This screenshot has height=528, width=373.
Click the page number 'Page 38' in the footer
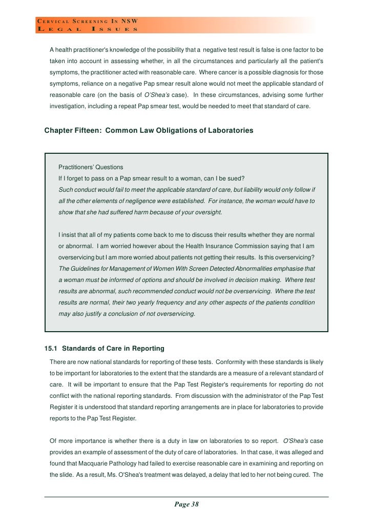[x=186, y=504]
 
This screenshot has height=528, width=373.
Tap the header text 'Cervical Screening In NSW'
[x=87, y=21]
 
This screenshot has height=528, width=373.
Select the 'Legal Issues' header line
[x=87, y=29]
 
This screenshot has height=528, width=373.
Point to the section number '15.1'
[x=52, y=349]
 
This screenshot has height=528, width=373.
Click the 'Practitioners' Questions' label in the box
[x=91, y=167]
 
